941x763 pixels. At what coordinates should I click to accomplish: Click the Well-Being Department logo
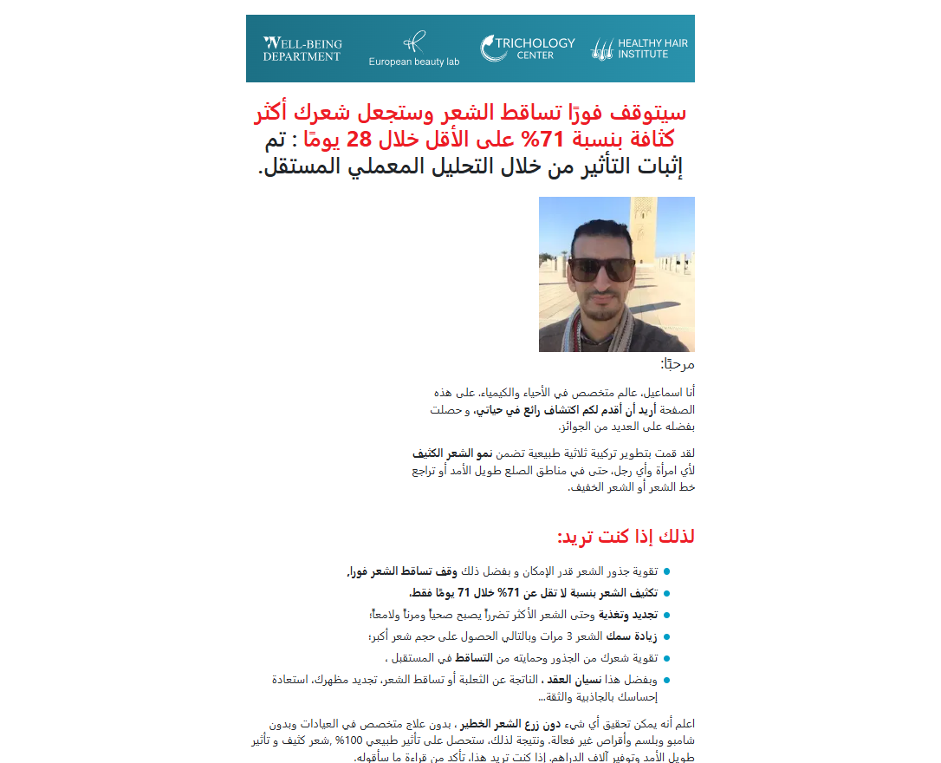coord(302,49)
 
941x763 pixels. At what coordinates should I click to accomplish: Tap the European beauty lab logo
coord(414,49)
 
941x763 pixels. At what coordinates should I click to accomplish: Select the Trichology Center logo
coord(528,49)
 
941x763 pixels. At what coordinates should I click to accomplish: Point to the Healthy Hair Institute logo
coord(640,49)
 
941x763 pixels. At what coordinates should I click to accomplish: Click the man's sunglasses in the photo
coord(600,269)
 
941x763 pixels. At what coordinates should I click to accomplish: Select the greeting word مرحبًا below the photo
coord(678,364)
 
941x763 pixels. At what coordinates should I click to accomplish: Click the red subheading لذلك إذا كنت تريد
coord(626,537)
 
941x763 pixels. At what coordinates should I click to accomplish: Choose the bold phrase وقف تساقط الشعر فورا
coord(402,571)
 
